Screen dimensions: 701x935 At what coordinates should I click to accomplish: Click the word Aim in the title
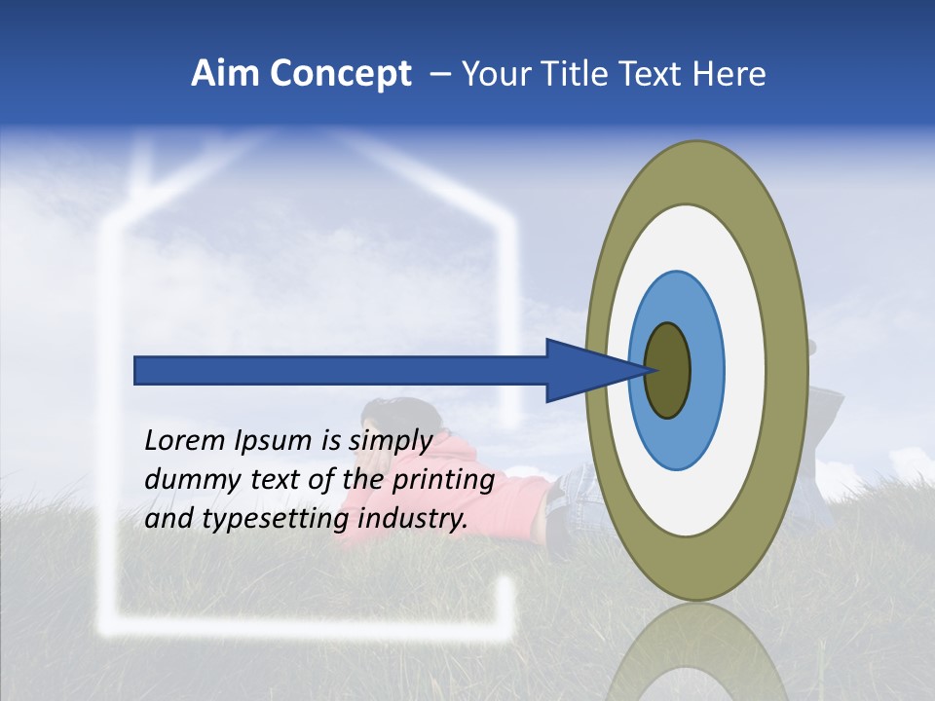(x=226, y=74)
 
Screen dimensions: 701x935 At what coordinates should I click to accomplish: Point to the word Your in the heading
(x=492, y=74)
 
